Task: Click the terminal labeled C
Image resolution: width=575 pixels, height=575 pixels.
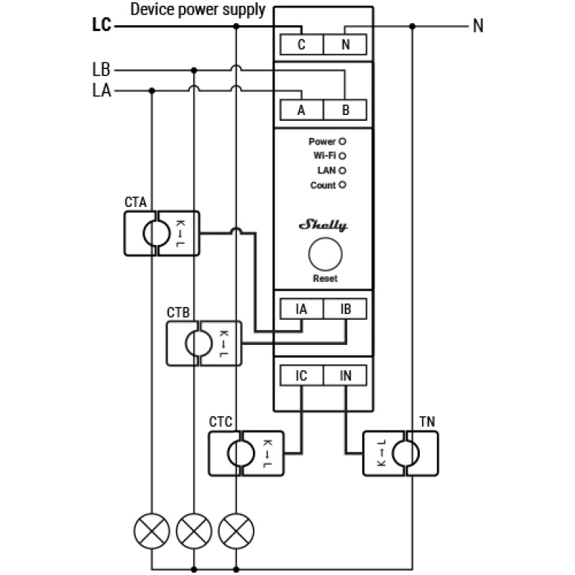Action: [302, 45]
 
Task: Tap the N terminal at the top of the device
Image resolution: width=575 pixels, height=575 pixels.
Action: [345, 45]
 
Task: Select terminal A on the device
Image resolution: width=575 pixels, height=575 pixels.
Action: [302, 110]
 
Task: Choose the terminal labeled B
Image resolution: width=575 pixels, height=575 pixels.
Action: [345, 110]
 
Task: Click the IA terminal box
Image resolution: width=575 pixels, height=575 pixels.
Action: [302, 309]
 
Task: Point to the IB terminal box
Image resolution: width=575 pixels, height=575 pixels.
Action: [345, 309]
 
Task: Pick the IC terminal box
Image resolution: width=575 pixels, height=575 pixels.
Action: [302, 375]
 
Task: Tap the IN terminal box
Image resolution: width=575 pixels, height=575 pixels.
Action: [345, 375]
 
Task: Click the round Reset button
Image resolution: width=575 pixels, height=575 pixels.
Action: [326, 254]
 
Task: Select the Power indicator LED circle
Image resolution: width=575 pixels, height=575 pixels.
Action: [342, 142]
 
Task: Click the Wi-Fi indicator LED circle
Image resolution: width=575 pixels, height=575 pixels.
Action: [342, 156]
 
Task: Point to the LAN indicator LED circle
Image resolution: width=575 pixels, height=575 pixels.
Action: [342, 170]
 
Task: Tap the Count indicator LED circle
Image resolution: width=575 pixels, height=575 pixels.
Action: [342, 185]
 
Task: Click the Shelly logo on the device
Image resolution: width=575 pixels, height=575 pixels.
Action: [323, 225]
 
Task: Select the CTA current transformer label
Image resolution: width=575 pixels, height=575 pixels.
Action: [136, 202]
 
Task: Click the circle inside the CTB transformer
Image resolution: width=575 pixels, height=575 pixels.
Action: [199, 344]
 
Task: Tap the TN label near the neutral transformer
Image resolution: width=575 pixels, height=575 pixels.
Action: [427, 422]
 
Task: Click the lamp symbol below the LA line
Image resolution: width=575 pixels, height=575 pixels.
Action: [152, 531]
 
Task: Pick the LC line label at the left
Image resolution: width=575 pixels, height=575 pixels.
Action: [101, 25]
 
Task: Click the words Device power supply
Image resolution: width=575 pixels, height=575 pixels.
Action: [198, 9]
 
